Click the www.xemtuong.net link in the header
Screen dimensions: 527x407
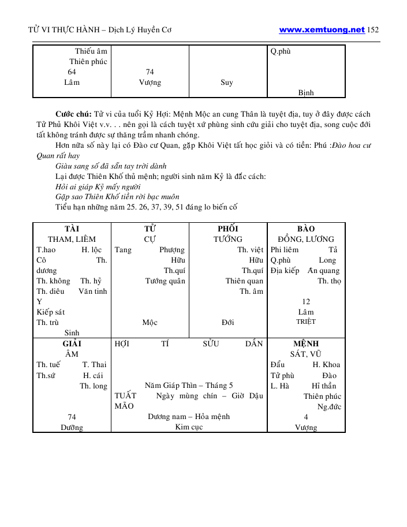(x=322, y=30)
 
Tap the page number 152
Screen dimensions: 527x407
(x=373, y=30)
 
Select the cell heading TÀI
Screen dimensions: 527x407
(x=72, y=229)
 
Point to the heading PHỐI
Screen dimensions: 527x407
(x=227, y=229)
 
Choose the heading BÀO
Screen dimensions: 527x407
(x=305, y=229)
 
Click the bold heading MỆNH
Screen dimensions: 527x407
(x=305, y=343)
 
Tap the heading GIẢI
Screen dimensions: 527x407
(x=72, y=343)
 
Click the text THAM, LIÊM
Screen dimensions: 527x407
(x=72, y=239)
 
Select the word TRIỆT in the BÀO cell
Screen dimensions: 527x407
(x=306, y=322)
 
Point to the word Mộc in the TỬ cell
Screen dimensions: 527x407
(x=150, y=323)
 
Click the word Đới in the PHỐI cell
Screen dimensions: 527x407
(x=227, y=323)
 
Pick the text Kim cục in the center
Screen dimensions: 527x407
(x=188, y=427)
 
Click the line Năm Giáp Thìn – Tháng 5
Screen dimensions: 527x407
(x=189, y=385)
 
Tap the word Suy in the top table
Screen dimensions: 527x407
(x=227, y=83)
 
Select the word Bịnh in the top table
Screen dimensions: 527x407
(x=306, y=92)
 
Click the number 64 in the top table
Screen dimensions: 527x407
(x=72, y=72)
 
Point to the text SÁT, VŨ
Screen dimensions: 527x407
(x=305, y=354)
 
